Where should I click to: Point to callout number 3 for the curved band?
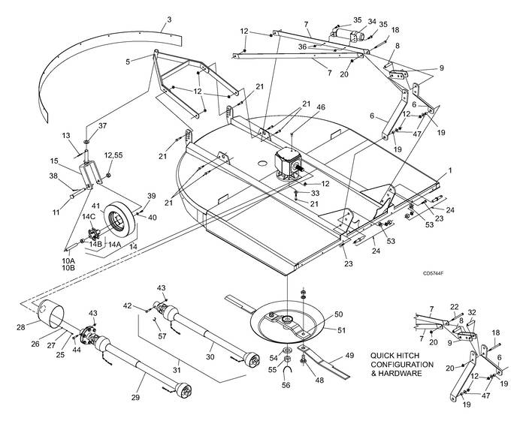tap(169, 19)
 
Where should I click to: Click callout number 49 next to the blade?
tap(349, 356)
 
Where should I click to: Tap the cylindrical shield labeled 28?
tap(53, 312)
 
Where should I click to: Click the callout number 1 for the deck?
tap(450, 171)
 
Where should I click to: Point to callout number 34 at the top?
tap(371, 21)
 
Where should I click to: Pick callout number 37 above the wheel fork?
tap(103, 125)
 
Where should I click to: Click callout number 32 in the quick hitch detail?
tap(471, 312)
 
